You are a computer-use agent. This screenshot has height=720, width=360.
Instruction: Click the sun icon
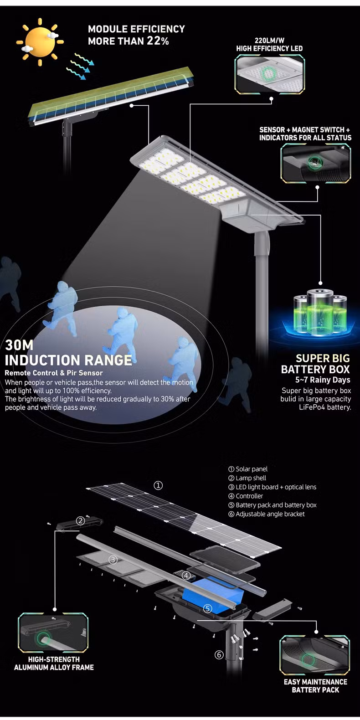(40, 42)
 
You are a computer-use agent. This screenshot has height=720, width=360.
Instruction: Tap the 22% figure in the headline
(158, 41)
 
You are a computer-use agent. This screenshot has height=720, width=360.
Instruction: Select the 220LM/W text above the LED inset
(269, 41)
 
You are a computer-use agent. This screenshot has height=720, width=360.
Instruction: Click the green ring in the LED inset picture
(268, 73)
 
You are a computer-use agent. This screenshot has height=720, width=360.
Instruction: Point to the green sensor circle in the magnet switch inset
(313, 162)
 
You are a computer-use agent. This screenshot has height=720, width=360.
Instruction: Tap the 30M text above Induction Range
(19, 345)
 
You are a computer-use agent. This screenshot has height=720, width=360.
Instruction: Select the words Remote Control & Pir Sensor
(54, 373)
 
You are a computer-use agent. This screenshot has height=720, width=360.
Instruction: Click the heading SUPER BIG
(323, 358)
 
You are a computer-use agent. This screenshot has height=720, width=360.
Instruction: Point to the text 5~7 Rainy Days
(323, 380)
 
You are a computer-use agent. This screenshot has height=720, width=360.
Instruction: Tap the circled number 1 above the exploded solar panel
(158, 485)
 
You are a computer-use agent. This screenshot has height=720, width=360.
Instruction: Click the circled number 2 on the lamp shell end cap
(80, 521)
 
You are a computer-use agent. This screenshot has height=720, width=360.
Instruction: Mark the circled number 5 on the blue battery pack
(208, 608)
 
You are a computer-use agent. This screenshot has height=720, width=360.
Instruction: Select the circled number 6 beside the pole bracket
(219, 655)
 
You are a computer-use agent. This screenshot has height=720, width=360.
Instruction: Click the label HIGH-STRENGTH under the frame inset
(54, 659)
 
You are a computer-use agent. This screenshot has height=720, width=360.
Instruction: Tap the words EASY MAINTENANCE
(315, 682)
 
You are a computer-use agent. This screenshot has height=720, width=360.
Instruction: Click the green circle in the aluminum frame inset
(43, 638)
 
